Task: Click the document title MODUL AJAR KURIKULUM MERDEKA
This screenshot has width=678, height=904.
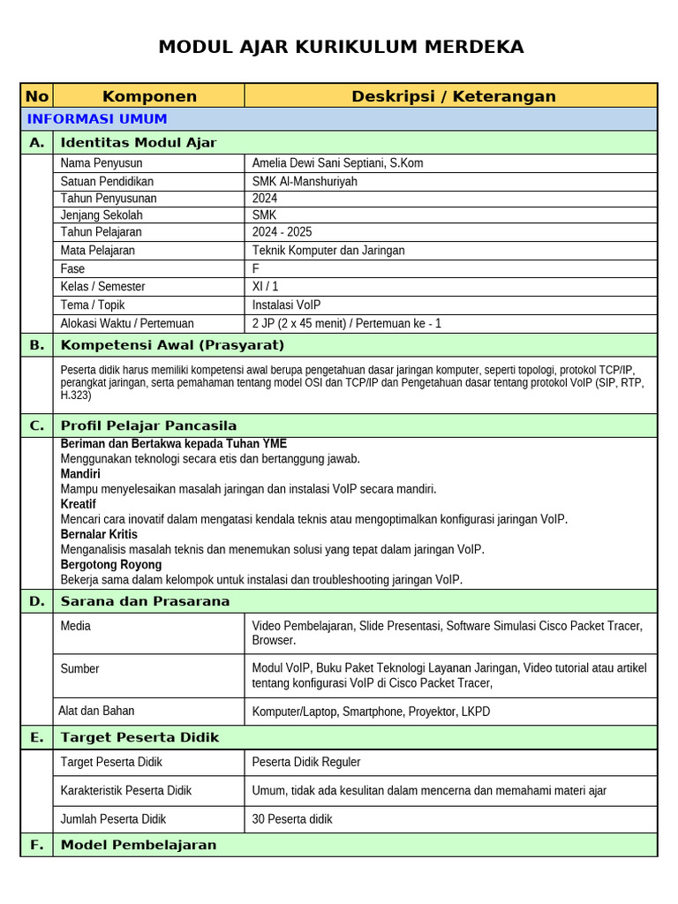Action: tap(340, 47)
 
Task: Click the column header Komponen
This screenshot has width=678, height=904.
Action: tap(149, 96)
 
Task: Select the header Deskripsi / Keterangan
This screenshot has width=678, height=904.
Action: tap(453, 96)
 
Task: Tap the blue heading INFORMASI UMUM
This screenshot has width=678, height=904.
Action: tap(97, 119)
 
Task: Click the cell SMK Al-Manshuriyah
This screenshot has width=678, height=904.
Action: tap(305, 181)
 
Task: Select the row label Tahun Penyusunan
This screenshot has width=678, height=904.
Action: tap(108, 198)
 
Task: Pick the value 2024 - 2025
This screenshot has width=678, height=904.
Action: tap(284, 232)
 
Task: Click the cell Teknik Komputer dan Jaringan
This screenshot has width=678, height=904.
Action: tap(328, 250)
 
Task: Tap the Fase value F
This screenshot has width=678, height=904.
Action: tap(256, 268)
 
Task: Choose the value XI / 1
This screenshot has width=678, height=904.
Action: tap(265, 286)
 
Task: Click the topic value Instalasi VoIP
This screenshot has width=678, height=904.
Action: tap(286, 305)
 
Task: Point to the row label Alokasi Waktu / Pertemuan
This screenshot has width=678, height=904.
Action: tap(127, 323)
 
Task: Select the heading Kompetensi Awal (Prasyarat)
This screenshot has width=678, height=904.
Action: tap(172, 345)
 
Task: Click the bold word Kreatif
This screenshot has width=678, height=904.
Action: tap(79, 504)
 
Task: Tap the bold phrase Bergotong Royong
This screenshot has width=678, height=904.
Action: tap(111, 564)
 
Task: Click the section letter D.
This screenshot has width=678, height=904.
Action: tap(36, 601)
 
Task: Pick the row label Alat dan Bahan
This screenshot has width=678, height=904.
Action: tap(97, 711)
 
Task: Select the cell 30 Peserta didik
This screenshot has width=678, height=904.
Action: tap(292, 819)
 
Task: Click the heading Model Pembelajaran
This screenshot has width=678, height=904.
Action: tap(139, 845)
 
